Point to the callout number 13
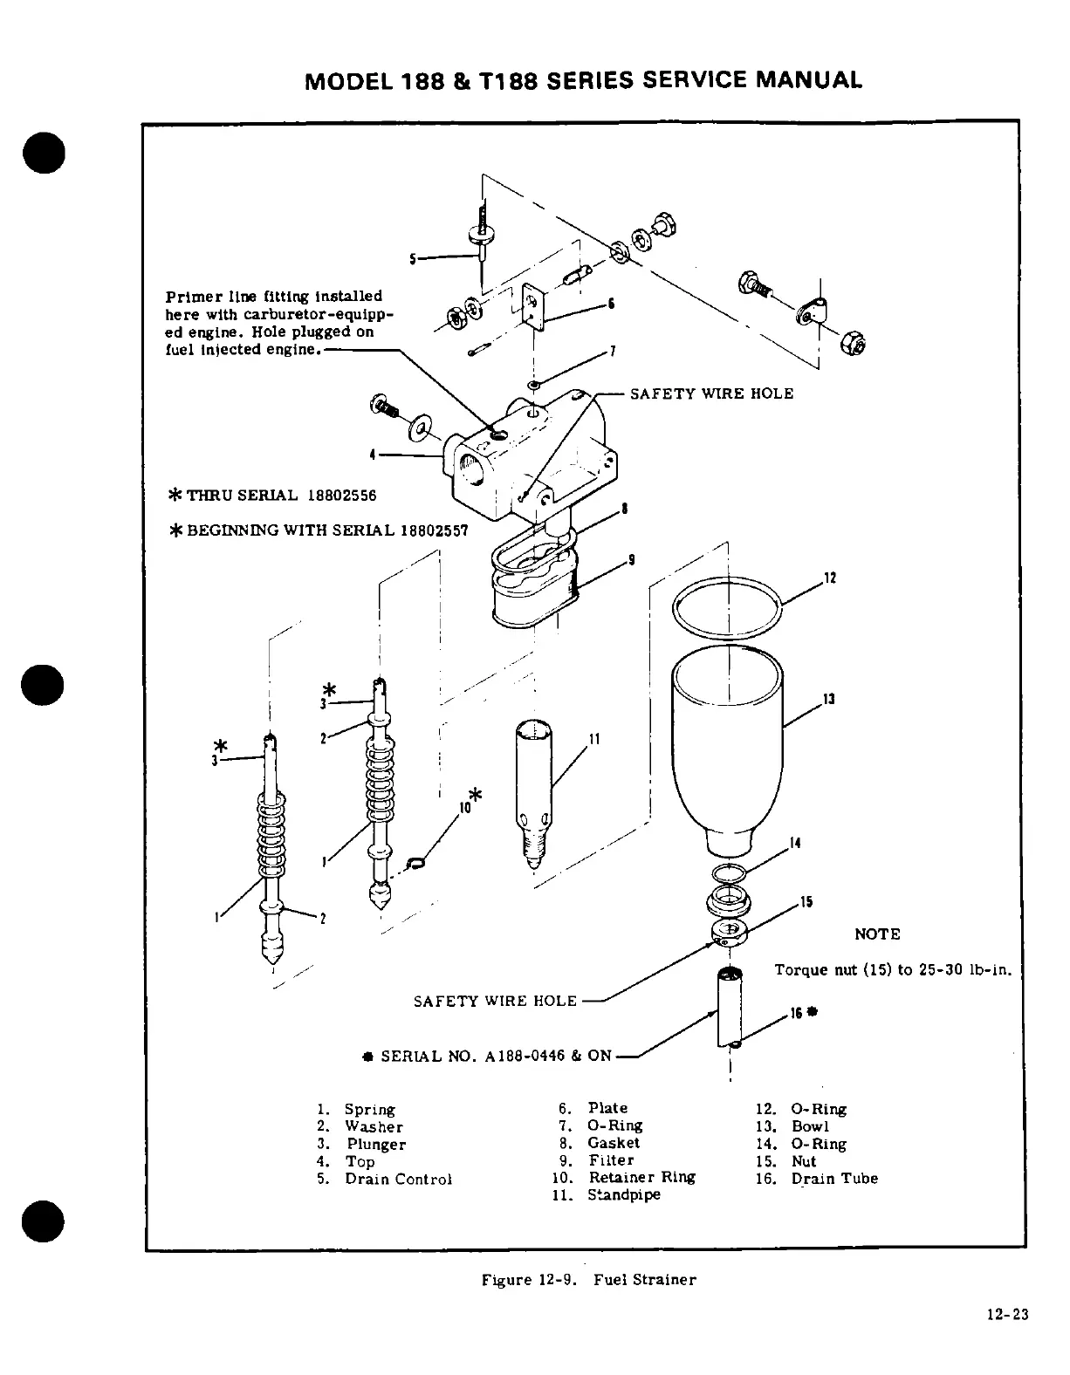(829, 699)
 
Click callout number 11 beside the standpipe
(594, 739)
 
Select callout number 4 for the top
(373, 454)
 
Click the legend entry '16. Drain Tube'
(816, 1179)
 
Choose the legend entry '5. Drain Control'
(385, 1179)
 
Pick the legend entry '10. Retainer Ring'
(623, 1177)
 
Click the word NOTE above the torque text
(877, 934)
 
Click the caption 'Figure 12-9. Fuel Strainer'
(589, 1280)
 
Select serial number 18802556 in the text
(341, 496)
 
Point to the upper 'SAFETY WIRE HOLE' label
(711, 393)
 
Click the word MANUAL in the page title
(808, 80)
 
